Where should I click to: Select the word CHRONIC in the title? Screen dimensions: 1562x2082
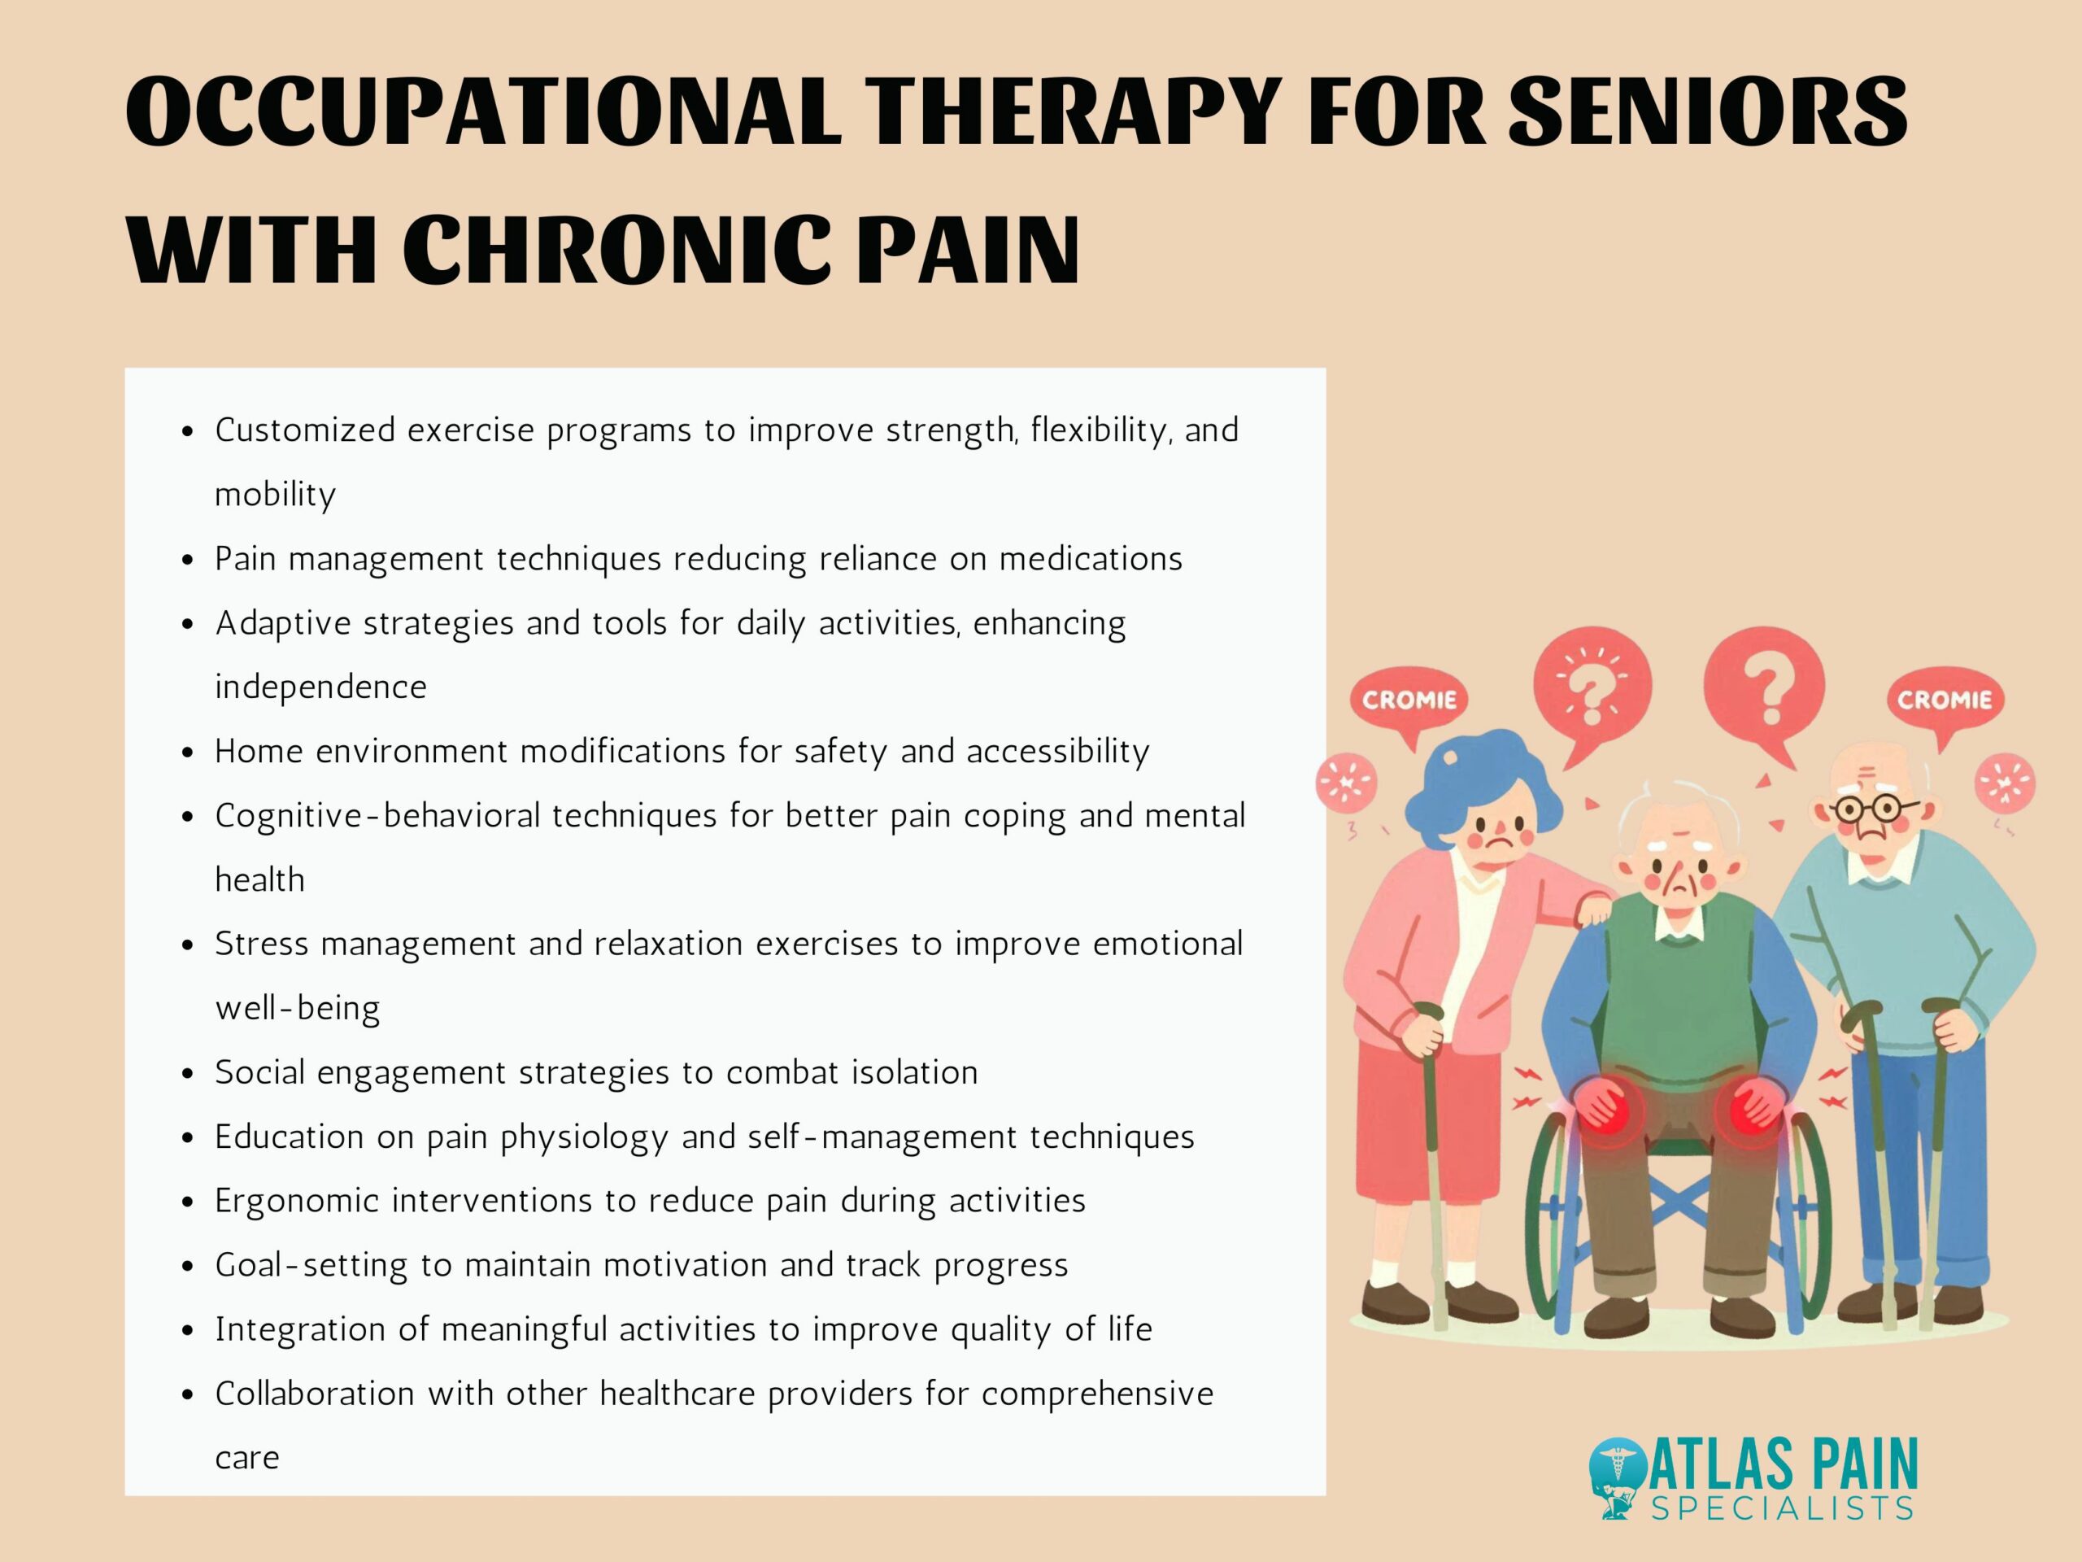tap(616, 250)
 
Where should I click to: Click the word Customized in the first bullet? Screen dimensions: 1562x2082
tap(305, 430)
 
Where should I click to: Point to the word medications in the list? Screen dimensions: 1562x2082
tap(1090, 559)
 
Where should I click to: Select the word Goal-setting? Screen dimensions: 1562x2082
tap(311, 1265)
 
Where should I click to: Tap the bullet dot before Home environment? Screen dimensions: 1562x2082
tap(188, 753)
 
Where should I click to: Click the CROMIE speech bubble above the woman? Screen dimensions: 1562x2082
tap(1409, 700)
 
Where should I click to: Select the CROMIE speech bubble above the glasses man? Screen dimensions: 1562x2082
tap(1944, 700)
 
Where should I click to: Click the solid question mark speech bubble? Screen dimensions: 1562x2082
tap(1765, 688)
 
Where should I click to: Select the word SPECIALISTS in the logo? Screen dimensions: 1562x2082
tap(1782, 1509)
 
